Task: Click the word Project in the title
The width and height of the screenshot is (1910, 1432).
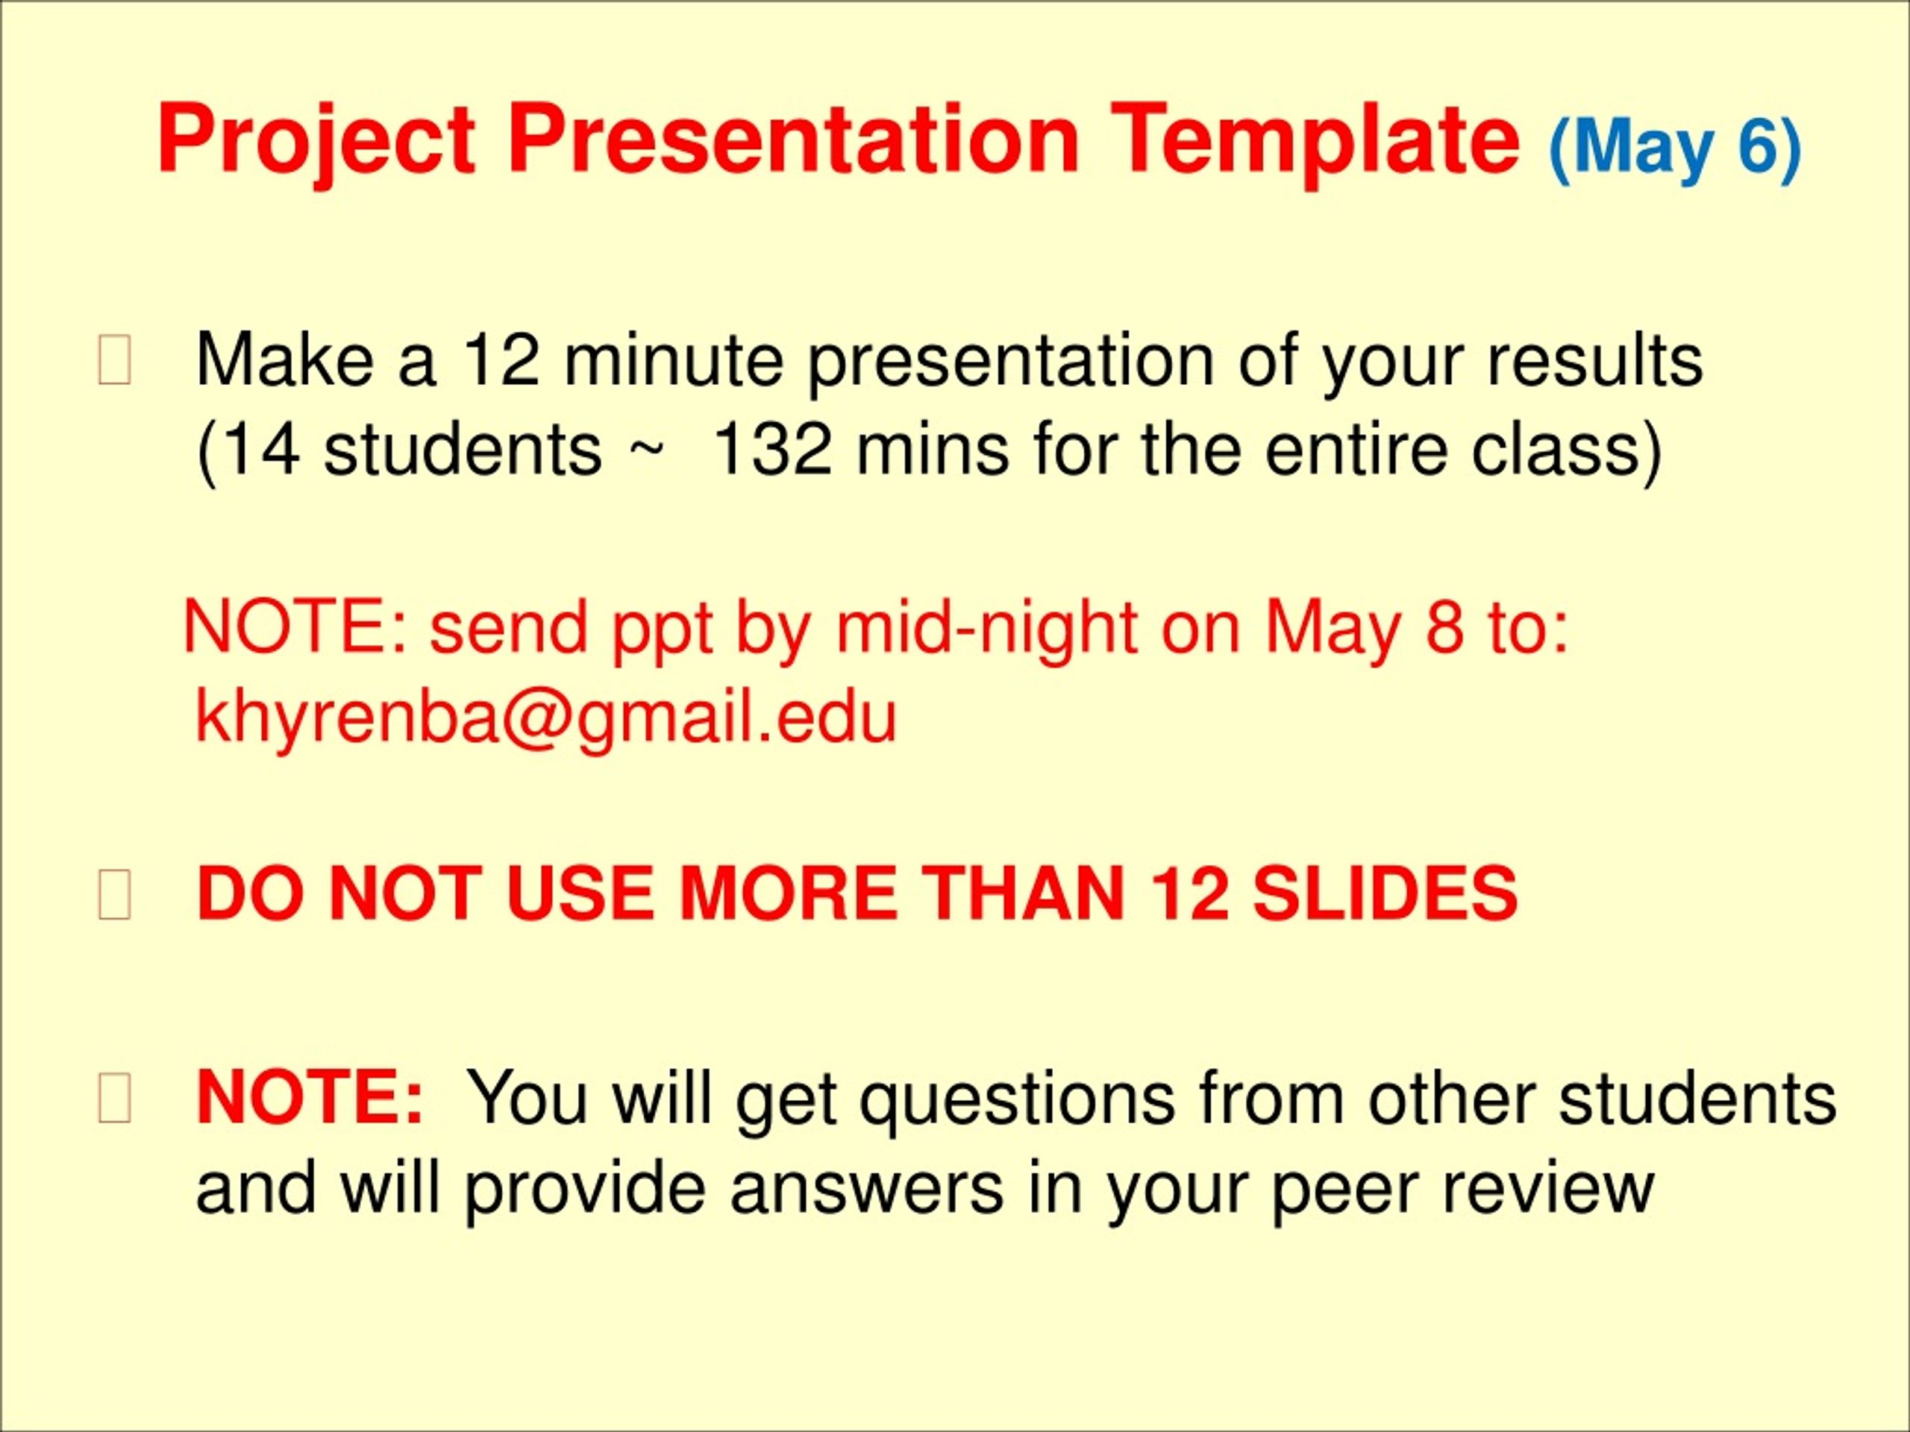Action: point(316,142)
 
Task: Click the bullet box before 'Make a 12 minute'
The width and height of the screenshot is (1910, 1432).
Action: point(115,362)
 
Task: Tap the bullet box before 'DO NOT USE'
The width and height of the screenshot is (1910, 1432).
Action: point(115,895)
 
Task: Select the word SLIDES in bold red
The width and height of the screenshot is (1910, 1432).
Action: point(1385,894)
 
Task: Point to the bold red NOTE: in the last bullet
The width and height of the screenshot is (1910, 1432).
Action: point(310,1097)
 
